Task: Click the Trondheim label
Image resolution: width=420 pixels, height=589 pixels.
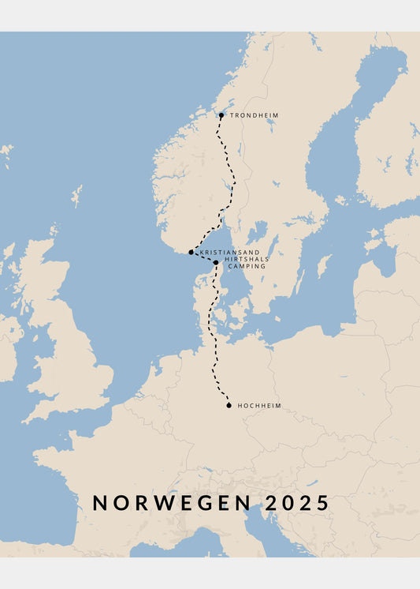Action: tap(254, 115)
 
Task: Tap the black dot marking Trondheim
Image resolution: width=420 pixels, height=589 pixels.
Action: tap(221, 115)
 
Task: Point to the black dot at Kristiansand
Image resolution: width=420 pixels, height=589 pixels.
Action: tap(191, 252)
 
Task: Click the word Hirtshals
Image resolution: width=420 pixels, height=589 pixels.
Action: tap(245, 260)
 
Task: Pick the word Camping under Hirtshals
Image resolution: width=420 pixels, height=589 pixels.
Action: tap(247, 267)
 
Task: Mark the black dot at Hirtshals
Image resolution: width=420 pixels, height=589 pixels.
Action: tap(216, 262)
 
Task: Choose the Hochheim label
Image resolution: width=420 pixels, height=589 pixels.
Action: tap(259, 406)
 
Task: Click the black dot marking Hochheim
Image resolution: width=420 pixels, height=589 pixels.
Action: tap(229, 406)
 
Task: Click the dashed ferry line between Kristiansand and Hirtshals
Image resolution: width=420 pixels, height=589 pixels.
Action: tap(203, 257)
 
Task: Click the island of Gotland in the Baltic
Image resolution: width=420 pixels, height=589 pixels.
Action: tap(323, 264)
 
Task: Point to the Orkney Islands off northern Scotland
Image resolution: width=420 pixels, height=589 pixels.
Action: tap(54, 231)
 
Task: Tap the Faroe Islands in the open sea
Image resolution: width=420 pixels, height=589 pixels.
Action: tap(6, 150)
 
